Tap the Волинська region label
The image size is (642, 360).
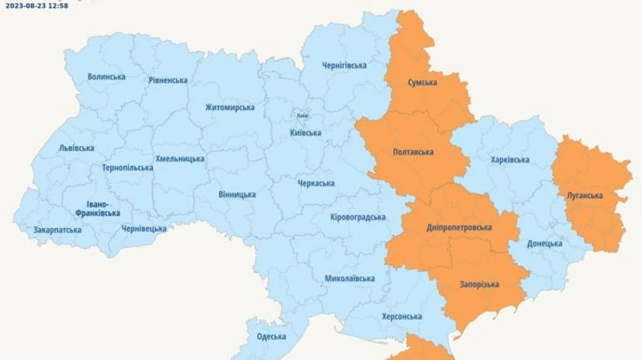(x=107, y=76)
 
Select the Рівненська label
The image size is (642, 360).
(x=168, y=80)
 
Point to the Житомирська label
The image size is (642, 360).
(x=230, y=107)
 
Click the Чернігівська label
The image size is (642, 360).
(x=344, y=66)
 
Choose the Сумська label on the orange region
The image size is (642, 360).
(x=422, y=83)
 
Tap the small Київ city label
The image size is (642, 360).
(x=302, y=116)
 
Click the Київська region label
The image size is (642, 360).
(x=306, y=133)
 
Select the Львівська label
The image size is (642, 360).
(x=76, y=148)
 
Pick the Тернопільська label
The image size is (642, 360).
(x=128, y=168)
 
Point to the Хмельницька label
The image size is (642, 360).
(x=180, y=158)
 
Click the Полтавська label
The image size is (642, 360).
(x=414, y=152)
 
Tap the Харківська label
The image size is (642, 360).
(x=510, y=160)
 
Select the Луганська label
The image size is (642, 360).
(x=585, y=195)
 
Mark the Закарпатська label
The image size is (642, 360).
(x=58, y=230)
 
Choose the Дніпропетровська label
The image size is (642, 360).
(x=459, y=227)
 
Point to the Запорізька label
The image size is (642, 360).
(x=479, y=284)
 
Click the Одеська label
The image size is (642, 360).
(x=271, y=336)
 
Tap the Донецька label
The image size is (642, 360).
(x=545, y=244)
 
